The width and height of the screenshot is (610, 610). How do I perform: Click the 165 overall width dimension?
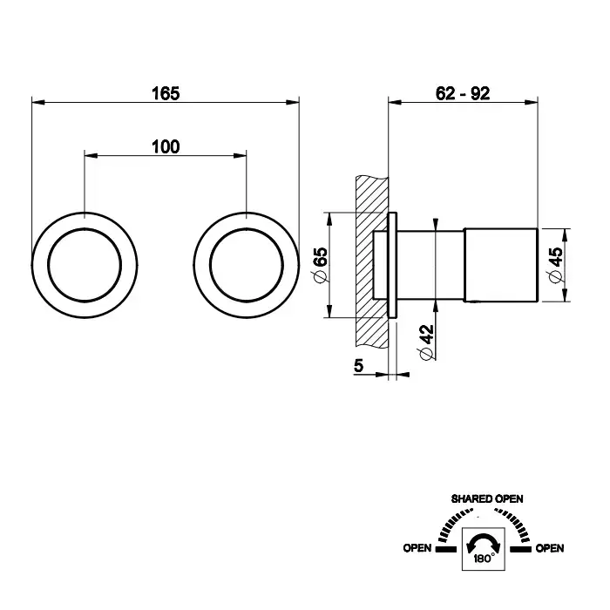pos(166,93)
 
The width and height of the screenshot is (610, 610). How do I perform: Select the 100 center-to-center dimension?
pos(166,146)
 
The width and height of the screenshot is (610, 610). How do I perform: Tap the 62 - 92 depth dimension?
pos(462,93)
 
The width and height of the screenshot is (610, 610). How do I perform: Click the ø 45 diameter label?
pos(555,265)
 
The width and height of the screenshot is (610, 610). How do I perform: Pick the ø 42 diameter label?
pos(424,343)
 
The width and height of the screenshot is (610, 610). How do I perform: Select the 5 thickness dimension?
pos(358,368)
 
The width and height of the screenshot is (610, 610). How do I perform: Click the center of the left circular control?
pos(85,265)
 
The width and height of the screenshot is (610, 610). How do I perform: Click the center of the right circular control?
pos(247,265)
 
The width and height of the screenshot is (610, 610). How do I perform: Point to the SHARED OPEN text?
pos(486,498)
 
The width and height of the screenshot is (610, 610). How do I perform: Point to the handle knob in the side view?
pos(500,265)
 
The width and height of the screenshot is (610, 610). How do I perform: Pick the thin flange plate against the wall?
pos(393,265)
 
